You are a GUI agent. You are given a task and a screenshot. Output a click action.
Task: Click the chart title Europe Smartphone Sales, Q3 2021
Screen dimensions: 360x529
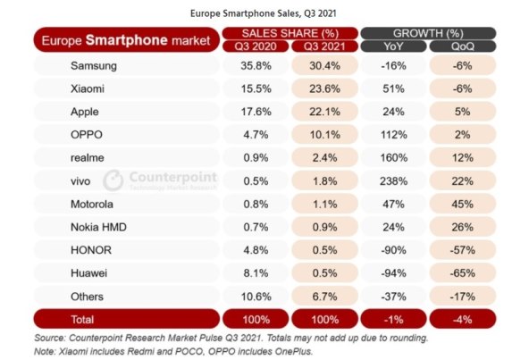pyautogui.click(x=264, y=13)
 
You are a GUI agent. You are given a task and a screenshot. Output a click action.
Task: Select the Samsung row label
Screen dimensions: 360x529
pyautogui.click(x=94, y=65)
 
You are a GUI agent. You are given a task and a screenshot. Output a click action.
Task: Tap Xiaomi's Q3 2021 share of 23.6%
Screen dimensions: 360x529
pyautogui.click(x=323, y=88)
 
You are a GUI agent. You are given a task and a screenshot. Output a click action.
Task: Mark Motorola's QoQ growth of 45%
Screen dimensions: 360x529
pyautogui.click(x=462, y=204)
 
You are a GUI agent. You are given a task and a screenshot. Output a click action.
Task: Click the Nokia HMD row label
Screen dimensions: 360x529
pyautogui.click(x=99, y=227)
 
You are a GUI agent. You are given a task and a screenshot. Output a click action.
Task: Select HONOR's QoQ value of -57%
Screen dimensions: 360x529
pyautogui.click(x=462, y=250)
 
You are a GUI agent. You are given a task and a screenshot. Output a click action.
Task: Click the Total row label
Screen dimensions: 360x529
pyautogui.click(x=84, y=319)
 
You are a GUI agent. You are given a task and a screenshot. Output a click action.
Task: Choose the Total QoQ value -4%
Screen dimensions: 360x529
pyautogui.click(x=462, y=319)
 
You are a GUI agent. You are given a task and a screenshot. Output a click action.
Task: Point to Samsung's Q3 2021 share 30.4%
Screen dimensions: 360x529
pyautogui.click(x=323, y=65)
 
